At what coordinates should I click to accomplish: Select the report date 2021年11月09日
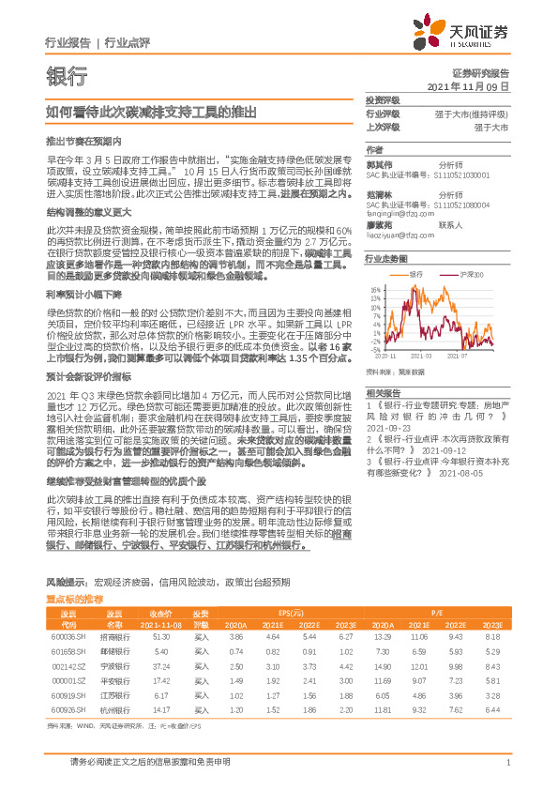(x=468, y=85)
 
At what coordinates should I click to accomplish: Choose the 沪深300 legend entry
(x=465, y=274)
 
